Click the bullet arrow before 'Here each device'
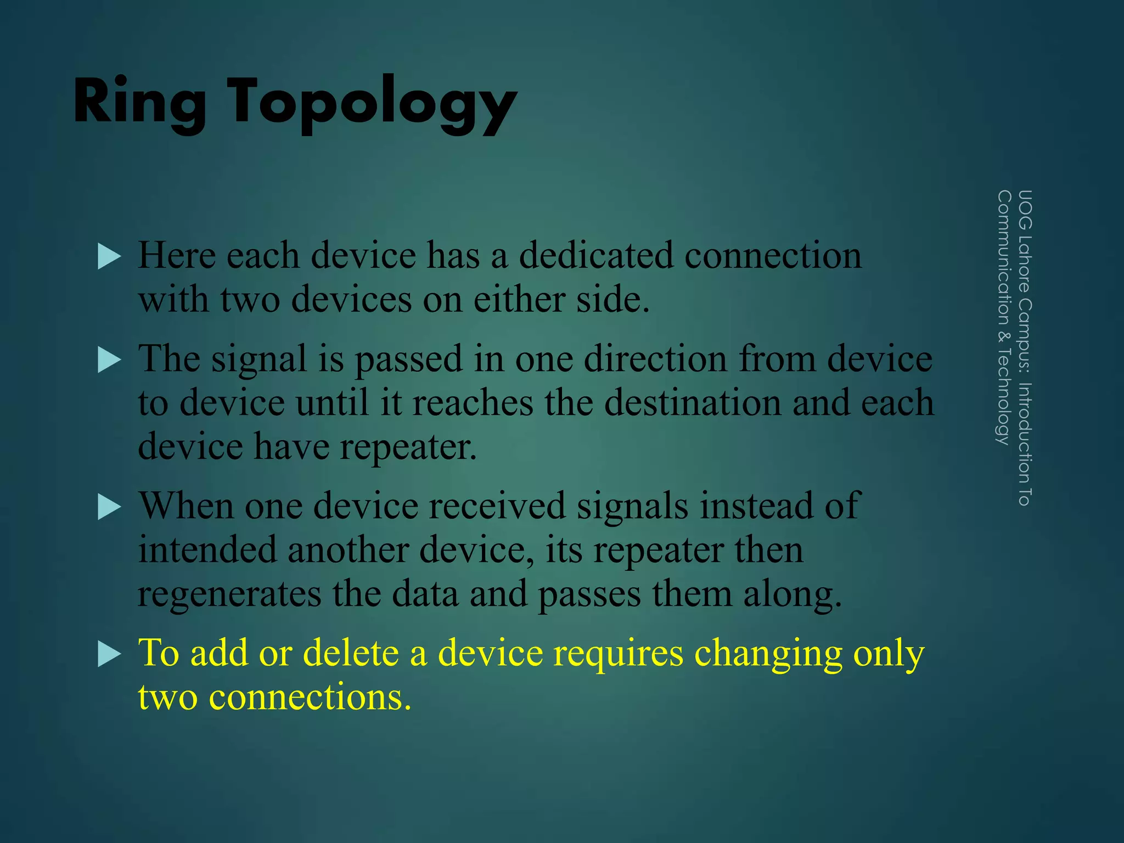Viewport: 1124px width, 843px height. pyautogui.click(x=109, y=256)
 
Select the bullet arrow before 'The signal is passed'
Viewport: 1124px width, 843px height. pyautogui.click(x=109, y=360)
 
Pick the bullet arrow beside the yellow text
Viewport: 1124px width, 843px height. pyautogui.click(x=109, y=654)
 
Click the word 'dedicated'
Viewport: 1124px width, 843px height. pyautogui.click(x=596, y=255)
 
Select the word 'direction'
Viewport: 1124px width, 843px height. pyautogui.click(x=655, y=359)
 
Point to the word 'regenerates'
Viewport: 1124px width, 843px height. pyautogui.click(x=229, y=595)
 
